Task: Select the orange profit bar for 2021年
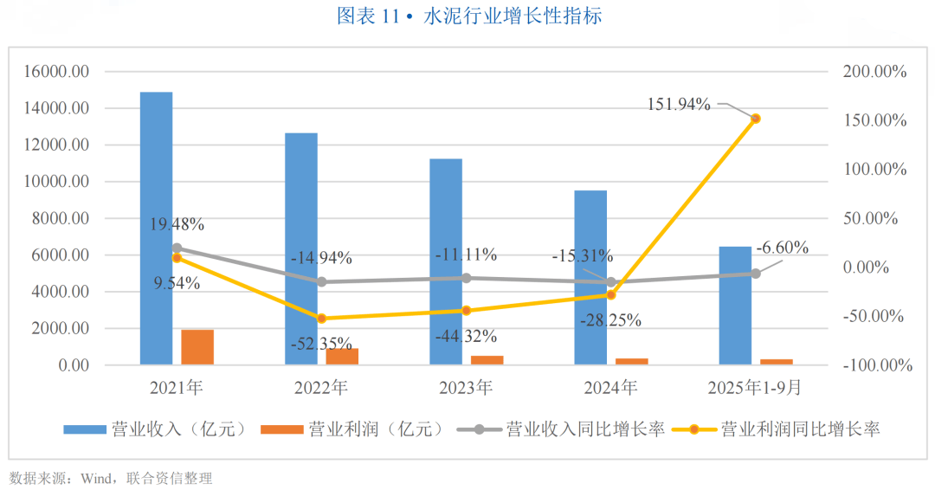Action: pyautogui.click(x=197, y=347)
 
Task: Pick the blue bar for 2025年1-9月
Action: pyautogui.click(x=735, y=306)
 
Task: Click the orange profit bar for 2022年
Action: pyautogui.click(x=342, y=357)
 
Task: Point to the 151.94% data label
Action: pyautogui.click(x=679, y=105)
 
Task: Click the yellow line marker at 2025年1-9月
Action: pyautogui.click(x=756, y=118)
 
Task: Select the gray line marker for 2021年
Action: pyautogui.click(x=177, y=248)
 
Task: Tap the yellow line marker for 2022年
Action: pyautogui.click(x=321, y=319)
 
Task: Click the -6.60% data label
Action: pyautogui.click(x=782, y=248)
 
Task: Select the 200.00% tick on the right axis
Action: pyautogui.click(x=874, y=72)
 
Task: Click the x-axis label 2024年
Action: pyautogui.click(x=611, y=387)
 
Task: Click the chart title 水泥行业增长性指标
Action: pyautogui.click(x=512, y=16)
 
